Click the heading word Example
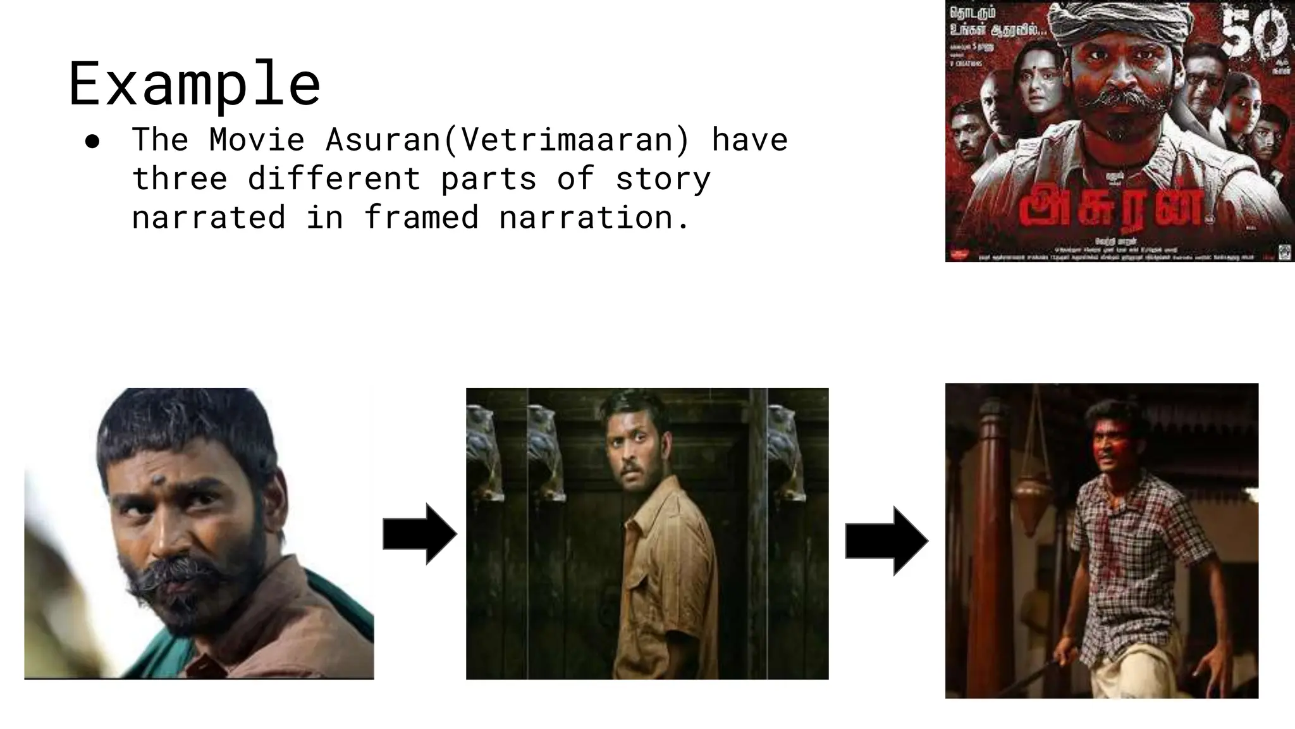pyautogui.click(x=194, y=84)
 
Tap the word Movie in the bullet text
pyautogui.click(x=257, y=140)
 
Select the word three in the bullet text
pyautogui.click(x=180, y=178)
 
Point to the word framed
pyautogui.click(x=421, y=218)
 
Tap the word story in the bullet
pyautogui.click(x=663, y=178)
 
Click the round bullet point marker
pyautogui.click(x=92, y=142)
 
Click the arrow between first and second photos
pyautogui.click(x=419, y=534)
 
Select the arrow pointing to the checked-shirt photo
pyautogui.click(x=886, y=541)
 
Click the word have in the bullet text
pyautogui.click(x=750, y=140)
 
